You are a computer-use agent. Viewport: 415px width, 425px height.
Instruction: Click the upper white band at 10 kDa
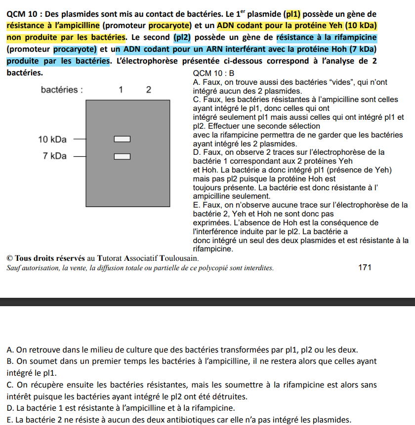click(122, 139)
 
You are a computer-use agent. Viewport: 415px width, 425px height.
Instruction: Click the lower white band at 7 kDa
click(122, 157)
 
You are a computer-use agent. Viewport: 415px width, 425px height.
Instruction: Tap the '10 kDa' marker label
click(52, 140)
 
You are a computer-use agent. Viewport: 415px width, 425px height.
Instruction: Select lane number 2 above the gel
click(149, 90)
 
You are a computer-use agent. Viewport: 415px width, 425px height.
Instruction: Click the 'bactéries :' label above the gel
click(61, 90)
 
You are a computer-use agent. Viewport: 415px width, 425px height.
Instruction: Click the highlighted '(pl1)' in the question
click(297, 14)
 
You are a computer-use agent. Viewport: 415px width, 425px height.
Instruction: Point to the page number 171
click(364, 268)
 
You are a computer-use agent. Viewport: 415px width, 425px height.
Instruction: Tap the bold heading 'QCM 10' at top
click(21, 14)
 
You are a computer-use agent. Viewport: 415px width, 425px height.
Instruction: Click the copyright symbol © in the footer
click(10, 258)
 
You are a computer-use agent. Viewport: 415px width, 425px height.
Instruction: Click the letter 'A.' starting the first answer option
click(10, 350)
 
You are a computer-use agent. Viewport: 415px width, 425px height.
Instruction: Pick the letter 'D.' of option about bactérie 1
click(10, 408)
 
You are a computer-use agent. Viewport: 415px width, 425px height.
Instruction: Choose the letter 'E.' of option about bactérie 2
click(10, 420)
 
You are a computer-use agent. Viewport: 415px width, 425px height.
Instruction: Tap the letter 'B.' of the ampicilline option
click(10, 361)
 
